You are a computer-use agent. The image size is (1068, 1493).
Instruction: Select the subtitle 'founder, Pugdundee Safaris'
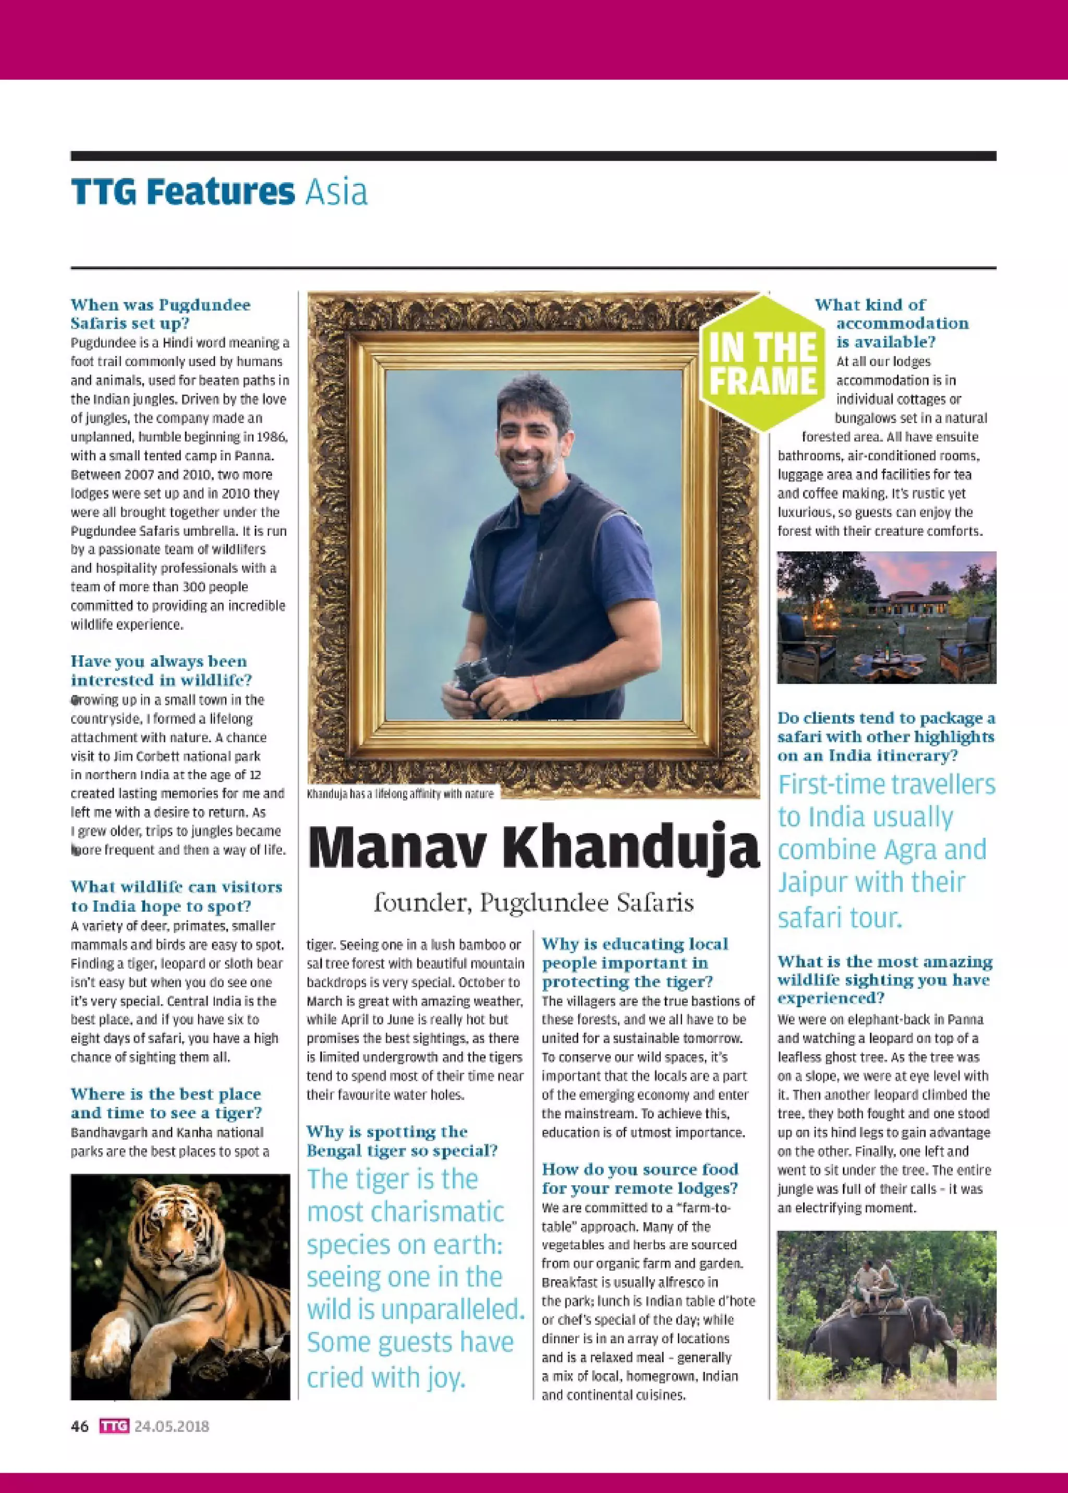click(533, 903)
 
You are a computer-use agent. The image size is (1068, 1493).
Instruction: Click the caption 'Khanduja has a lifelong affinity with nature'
click(400, 794)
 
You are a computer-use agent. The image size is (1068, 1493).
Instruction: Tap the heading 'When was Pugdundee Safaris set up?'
click(161, 314)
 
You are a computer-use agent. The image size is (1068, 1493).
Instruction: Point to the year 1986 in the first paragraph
click(272, 437)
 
